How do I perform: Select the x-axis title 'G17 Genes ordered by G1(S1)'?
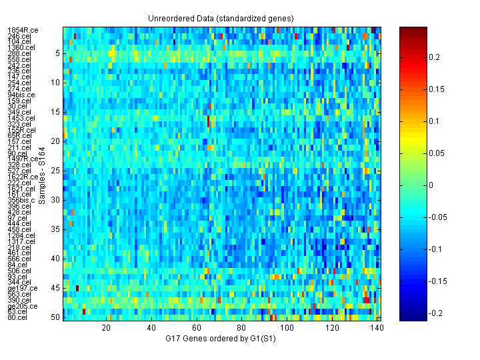[x=221, y=339]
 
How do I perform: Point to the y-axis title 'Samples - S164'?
[x=42, y=174]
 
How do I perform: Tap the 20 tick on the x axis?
[x=106, y=329]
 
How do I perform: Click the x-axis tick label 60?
[x=197, y=329]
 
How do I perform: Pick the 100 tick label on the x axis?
[x=287, y=329]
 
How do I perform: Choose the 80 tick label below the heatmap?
[x=242, y=329]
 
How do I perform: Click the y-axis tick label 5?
[x=57, y=53]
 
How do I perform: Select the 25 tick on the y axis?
[x=56, y=171]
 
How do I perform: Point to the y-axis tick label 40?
[x=56, y=259]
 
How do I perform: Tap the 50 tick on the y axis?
[x=56, y=317]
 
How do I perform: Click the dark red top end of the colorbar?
[x=408, y=30]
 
